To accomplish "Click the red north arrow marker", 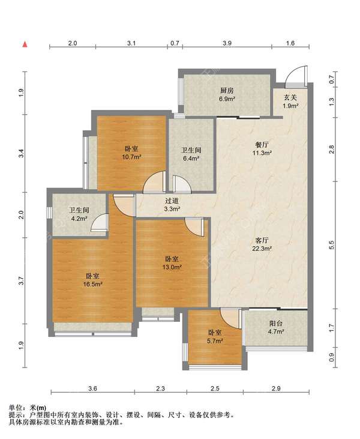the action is click(x=25, y=44).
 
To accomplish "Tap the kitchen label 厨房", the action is click(x=227, y=91).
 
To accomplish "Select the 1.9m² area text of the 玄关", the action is click(x=290, y=106).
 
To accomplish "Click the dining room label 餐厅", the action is click(x=262, y=145).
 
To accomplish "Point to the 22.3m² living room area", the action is click(x=262, y=249).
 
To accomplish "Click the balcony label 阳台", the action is click(x=276, y=324).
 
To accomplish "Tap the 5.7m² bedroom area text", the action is click(x=215, y=341).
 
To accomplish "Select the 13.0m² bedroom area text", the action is click(x=172, y=267).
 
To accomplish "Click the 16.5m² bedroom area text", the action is click(x=92, y=285).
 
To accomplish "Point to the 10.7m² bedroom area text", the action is click(x=131, y=157).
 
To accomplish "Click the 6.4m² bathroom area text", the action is click(x=191, y=159).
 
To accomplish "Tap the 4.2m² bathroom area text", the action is click(x=79, y=219).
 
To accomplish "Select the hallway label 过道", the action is click(x=172, y=201).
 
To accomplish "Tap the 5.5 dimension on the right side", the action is click(x=332, y=245).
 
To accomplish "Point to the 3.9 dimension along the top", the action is click(x=227, y=43).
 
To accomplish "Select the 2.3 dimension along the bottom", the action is click(x=161, y=389).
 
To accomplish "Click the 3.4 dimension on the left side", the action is click(x=22, y=153).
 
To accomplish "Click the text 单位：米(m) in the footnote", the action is click(x=28, y=408).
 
